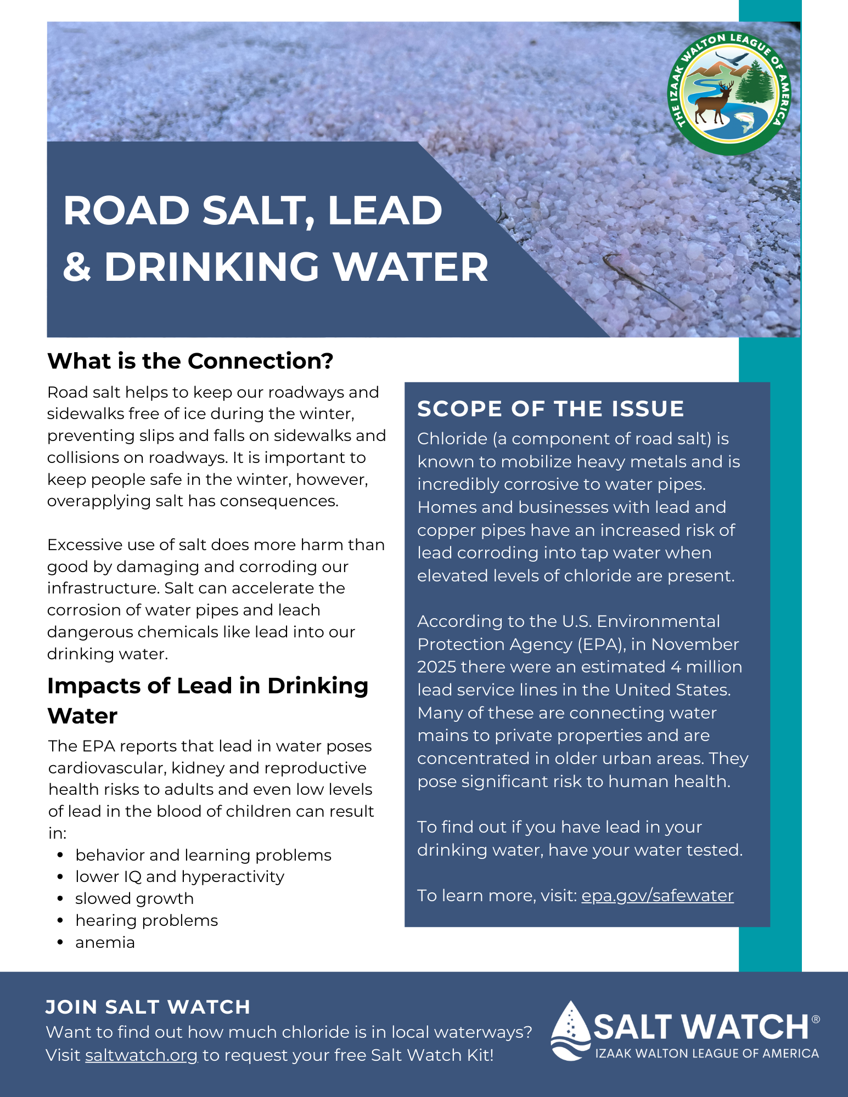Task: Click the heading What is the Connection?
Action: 190,361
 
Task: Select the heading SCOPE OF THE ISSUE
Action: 551,409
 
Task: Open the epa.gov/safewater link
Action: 657,896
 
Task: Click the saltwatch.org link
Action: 141,1055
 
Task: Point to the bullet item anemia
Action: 105,942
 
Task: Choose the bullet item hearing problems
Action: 147,920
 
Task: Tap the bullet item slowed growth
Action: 134,898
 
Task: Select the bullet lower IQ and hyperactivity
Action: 179,877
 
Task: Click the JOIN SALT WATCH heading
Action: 148,1007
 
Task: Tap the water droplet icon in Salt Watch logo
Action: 571,1030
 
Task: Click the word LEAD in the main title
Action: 385,211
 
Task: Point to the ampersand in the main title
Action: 77,268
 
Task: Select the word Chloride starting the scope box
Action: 452,439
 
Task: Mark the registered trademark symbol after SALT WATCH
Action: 816,1019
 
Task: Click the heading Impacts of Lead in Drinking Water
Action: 207,700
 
